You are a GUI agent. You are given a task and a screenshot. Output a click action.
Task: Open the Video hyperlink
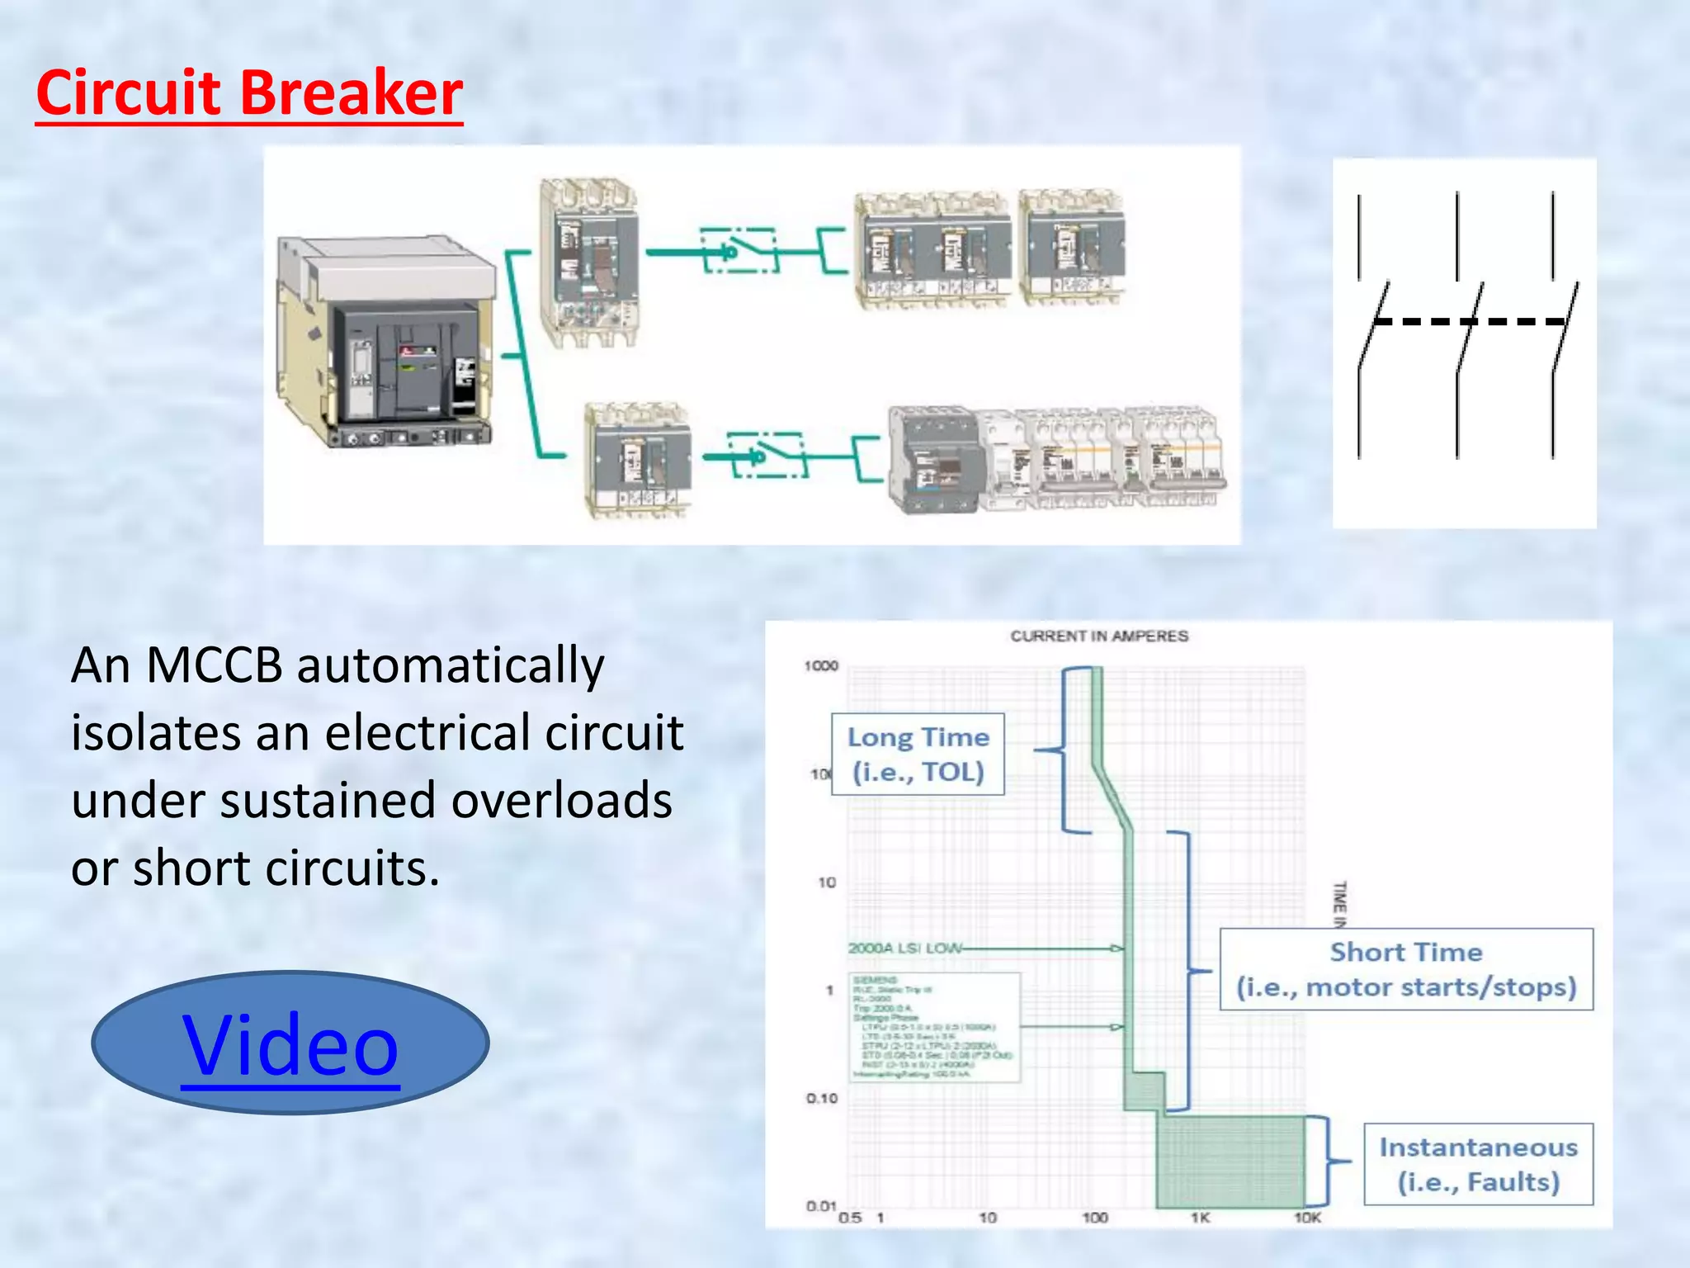coord(290,1045)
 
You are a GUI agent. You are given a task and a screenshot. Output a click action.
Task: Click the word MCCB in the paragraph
coord(214,665)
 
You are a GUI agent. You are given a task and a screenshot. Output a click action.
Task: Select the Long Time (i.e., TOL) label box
coord(918,755)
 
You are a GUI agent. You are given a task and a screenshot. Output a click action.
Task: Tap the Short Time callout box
coord(1406,970)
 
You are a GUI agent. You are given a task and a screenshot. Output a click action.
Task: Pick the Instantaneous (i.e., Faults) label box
coord(1478,1165)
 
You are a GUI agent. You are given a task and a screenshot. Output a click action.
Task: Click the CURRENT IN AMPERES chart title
coord(1099,636)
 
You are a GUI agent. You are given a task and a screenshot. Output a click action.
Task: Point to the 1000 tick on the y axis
coord(821,666)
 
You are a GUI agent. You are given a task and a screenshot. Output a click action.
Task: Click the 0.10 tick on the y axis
coord(822,1099)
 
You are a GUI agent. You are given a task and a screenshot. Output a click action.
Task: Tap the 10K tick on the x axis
coord(1307,1218)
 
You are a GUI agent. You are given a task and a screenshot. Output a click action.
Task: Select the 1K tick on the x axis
coord(1200,1218)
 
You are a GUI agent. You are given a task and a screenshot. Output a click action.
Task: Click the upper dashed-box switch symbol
coord(738,251)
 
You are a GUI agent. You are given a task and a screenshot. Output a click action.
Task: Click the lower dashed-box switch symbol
coord(768,455)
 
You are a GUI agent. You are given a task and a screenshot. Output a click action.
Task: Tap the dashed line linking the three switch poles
coord(1469,321)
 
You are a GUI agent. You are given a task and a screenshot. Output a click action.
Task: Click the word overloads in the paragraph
coord(561,801)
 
